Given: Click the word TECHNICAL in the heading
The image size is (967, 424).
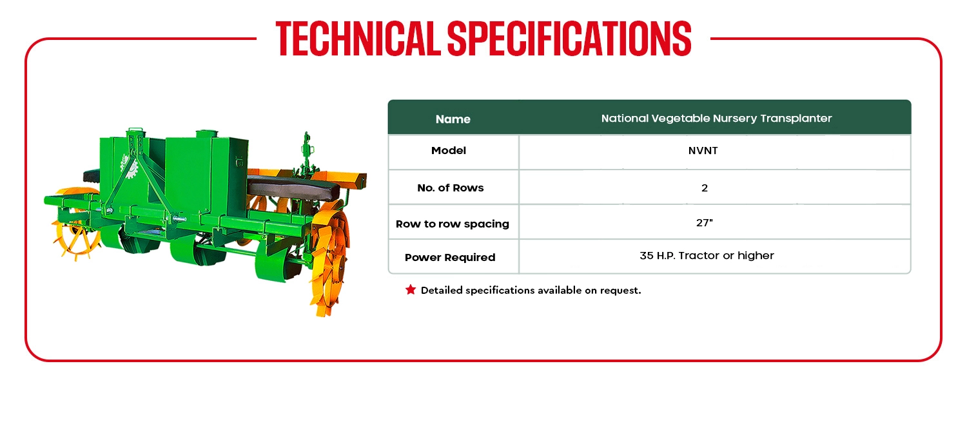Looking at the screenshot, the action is [358, 39].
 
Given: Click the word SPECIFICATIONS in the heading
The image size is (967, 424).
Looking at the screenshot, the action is [569, 39].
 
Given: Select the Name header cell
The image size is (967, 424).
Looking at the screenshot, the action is [453, 119].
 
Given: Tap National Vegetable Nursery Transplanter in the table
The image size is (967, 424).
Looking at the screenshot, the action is [716, 118].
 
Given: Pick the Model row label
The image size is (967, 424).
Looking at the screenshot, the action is [449, 151].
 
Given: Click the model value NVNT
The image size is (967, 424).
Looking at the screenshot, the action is [703, 151].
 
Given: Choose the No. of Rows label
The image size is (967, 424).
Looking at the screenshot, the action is [450, 188].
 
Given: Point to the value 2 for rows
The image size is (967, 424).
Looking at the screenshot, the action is [705, 188].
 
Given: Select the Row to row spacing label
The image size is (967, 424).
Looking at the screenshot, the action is [453, 224].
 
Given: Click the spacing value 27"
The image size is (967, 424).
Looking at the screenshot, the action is [705, 222].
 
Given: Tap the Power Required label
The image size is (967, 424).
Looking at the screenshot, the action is [450, 258].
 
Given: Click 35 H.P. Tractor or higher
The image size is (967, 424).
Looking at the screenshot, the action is [707, 255].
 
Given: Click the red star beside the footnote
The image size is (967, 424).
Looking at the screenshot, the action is [411, 290].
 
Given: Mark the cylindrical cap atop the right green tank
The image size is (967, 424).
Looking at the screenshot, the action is [207, 133].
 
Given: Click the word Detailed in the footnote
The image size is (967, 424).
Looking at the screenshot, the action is [442, 290].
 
